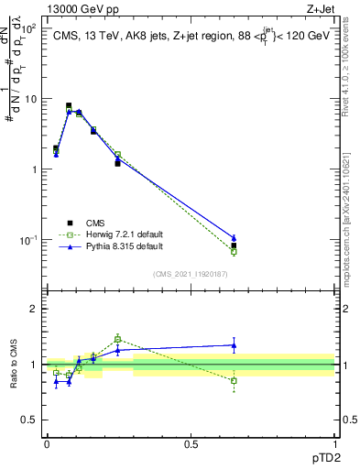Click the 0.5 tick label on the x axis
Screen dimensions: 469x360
(191, 443)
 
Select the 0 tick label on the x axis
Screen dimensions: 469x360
(47, 443)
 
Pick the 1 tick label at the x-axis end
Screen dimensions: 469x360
(335, 443)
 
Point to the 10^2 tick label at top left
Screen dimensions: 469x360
(30, 28)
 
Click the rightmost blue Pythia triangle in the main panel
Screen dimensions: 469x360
(234, 238)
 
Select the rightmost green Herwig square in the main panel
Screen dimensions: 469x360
(234, 251)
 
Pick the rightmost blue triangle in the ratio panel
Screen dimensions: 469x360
(234, 345)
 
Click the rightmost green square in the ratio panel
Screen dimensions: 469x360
(234, 380)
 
